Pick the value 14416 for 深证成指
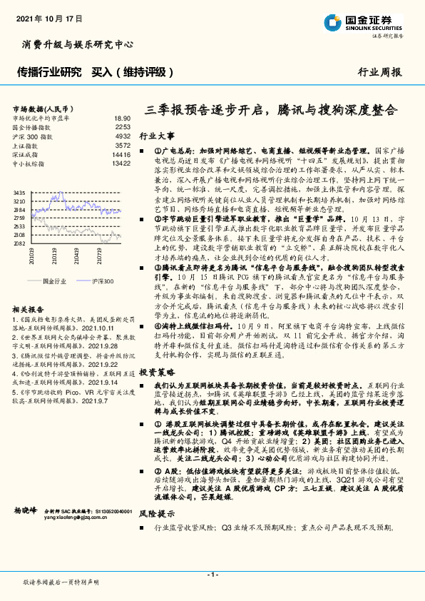tap(121, 153)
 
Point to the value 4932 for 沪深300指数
tap(123, 136)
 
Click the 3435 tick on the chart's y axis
tap(19, 193)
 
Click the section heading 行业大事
tap(156, 136)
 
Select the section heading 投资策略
tap(156, 373)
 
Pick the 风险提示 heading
tap(156, 512)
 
